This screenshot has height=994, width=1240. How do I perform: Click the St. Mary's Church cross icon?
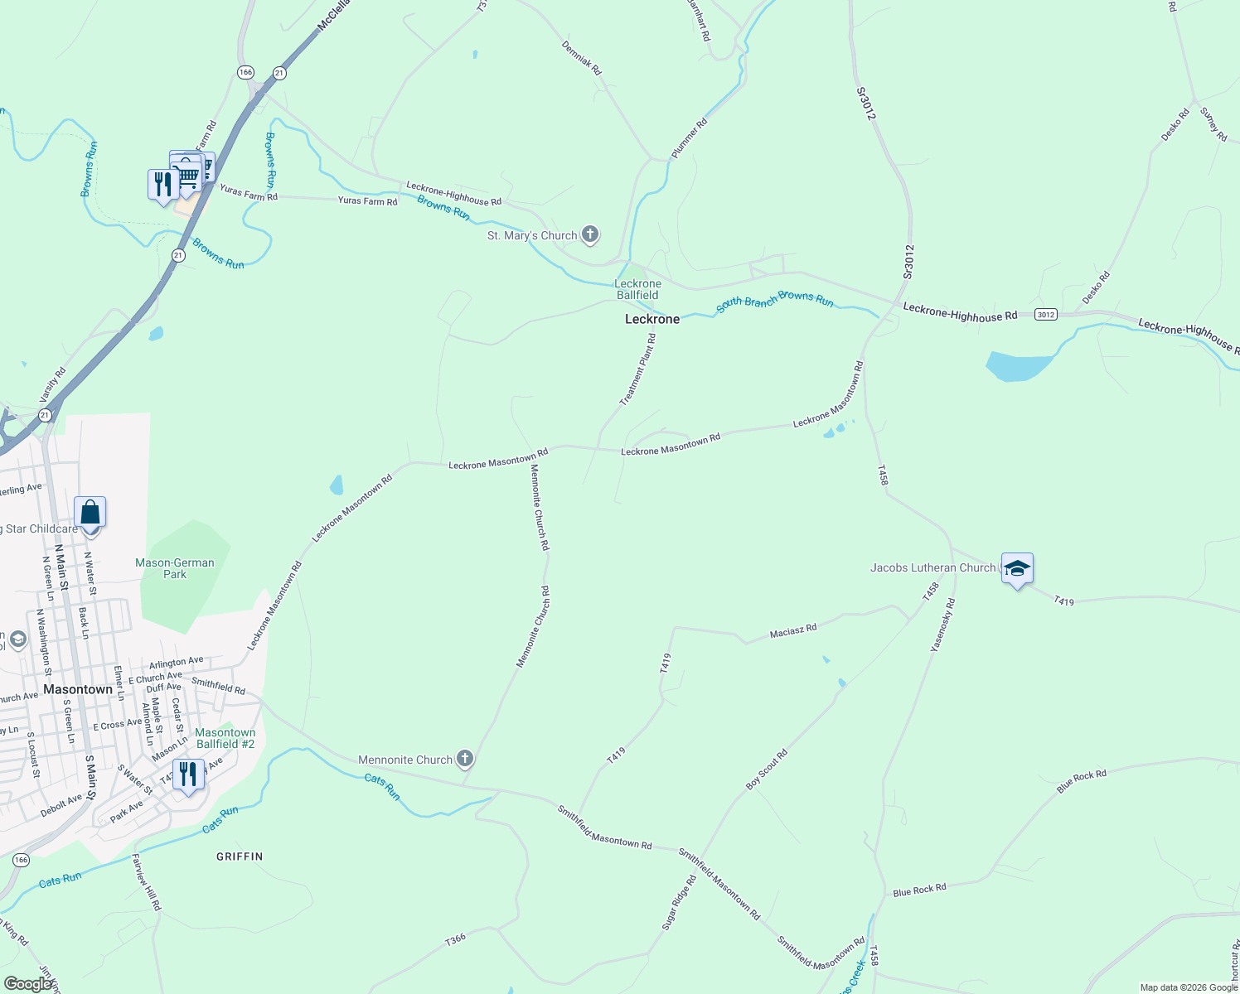590,235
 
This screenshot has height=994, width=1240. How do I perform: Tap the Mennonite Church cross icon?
465,759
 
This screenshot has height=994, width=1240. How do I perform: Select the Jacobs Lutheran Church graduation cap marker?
1017,569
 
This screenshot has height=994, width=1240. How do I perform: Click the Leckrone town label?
651,319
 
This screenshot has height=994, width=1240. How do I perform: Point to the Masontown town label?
78,689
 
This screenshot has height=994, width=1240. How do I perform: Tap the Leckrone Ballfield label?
637,289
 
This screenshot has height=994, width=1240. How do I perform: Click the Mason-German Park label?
175,568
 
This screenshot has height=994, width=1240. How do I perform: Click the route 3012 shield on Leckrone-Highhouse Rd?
1045,314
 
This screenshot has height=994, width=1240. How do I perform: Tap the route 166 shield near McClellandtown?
245,73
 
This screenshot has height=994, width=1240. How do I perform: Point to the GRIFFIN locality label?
240,856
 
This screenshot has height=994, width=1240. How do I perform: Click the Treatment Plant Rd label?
638,369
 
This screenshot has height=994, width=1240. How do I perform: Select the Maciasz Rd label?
793,631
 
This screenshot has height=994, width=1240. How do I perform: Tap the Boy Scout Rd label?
767,770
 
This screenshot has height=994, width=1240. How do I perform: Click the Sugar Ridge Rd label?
679,902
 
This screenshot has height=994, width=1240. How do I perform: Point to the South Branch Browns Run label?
775,300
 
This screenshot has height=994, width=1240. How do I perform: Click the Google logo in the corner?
27,984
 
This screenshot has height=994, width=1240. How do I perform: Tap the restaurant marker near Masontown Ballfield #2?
189,774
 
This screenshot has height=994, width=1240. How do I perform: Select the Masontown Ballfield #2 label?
225,738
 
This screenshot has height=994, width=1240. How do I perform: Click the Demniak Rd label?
581,58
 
